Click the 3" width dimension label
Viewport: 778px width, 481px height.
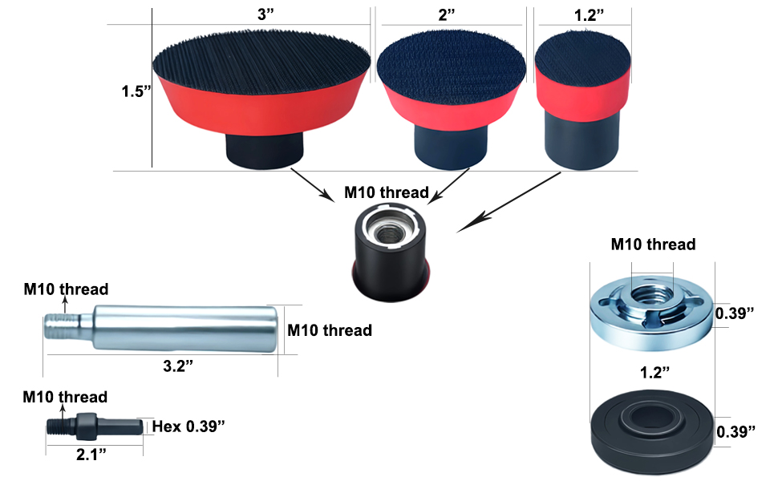(265, 14)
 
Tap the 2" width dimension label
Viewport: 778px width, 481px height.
(447, 15)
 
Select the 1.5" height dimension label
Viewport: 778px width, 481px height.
(136, 91)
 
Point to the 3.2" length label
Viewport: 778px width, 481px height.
(178, 366)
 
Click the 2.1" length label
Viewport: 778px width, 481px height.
(91, 454)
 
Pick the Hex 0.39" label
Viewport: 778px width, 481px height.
(188, 426)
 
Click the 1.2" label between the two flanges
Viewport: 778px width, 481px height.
(655, 372)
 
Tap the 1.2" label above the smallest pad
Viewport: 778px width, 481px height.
(589, 15)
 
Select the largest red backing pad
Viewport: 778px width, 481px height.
(261, 99)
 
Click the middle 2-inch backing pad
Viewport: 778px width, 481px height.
(451, 100)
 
